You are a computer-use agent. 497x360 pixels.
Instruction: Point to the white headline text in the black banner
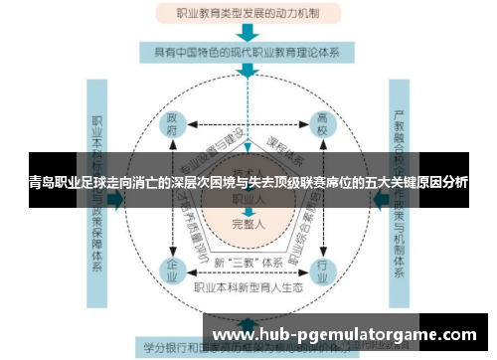click(x=248, y=183)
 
